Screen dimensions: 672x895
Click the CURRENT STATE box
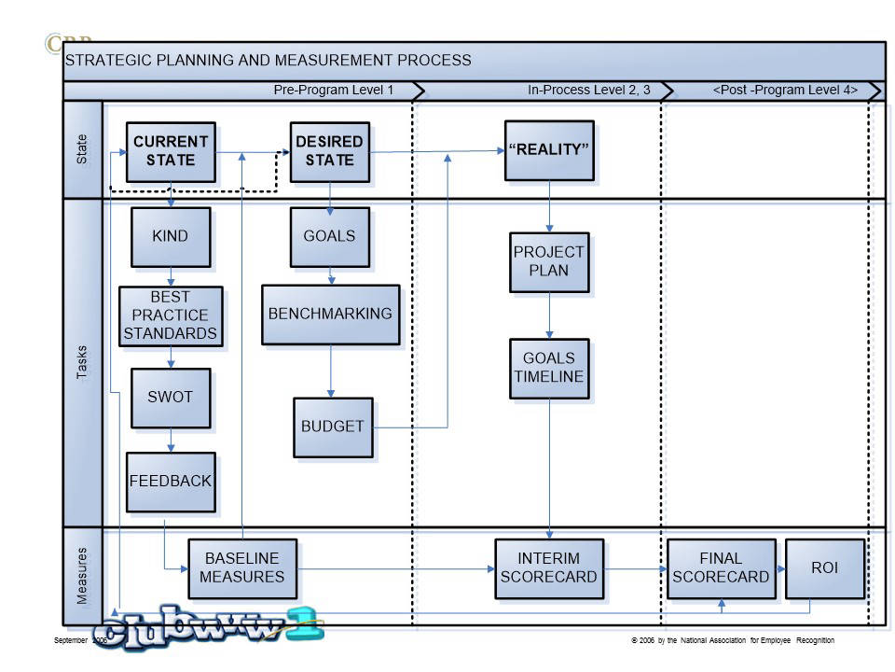point(171,151)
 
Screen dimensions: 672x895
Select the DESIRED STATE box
point(329,151)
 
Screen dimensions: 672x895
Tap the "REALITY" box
point(549,150)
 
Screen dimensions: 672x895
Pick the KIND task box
point(170,236)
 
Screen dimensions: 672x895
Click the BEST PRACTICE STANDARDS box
point(171,315)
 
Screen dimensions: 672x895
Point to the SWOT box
point(170,397)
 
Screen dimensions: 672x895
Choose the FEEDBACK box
point(171,482)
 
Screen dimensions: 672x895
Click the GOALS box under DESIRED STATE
point(329,236)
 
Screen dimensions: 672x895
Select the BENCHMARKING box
point(330,314)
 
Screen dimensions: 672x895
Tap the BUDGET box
point(332,427)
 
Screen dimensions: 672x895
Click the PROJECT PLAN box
point(549,261)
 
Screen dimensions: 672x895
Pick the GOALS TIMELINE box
point(549,368)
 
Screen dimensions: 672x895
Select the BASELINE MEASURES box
point(242,567)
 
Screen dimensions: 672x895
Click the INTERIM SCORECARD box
point(548,567)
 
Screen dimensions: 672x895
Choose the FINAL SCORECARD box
point(721,567)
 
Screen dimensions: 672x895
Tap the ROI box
point(824,567)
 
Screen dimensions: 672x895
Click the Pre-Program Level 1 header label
point(334,91)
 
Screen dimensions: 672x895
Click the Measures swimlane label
point(82,576)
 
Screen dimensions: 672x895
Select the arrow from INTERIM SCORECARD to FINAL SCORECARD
point(635,568)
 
